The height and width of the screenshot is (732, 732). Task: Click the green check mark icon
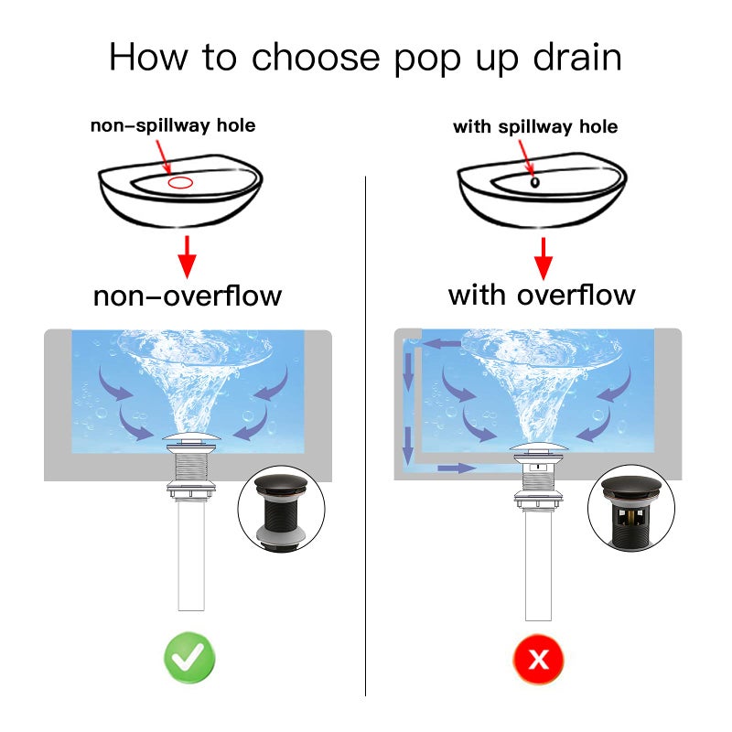[189, 657]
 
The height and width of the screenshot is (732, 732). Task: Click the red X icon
[539, 657]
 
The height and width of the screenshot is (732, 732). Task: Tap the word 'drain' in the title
[574, 57]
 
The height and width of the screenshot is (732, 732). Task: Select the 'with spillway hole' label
[535, 126]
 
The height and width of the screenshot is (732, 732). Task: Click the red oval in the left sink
[180, 182]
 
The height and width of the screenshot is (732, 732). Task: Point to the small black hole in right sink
[533, 181]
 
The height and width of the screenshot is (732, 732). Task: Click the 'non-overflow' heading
[188, 296]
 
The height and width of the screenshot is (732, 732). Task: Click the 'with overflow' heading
[541, 295]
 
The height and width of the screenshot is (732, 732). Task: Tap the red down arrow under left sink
[188, 256]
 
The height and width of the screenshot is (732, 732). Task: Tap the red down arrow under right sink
[544, 256]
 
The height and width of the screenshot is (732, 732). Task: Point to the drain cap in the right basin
[538, 450]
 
